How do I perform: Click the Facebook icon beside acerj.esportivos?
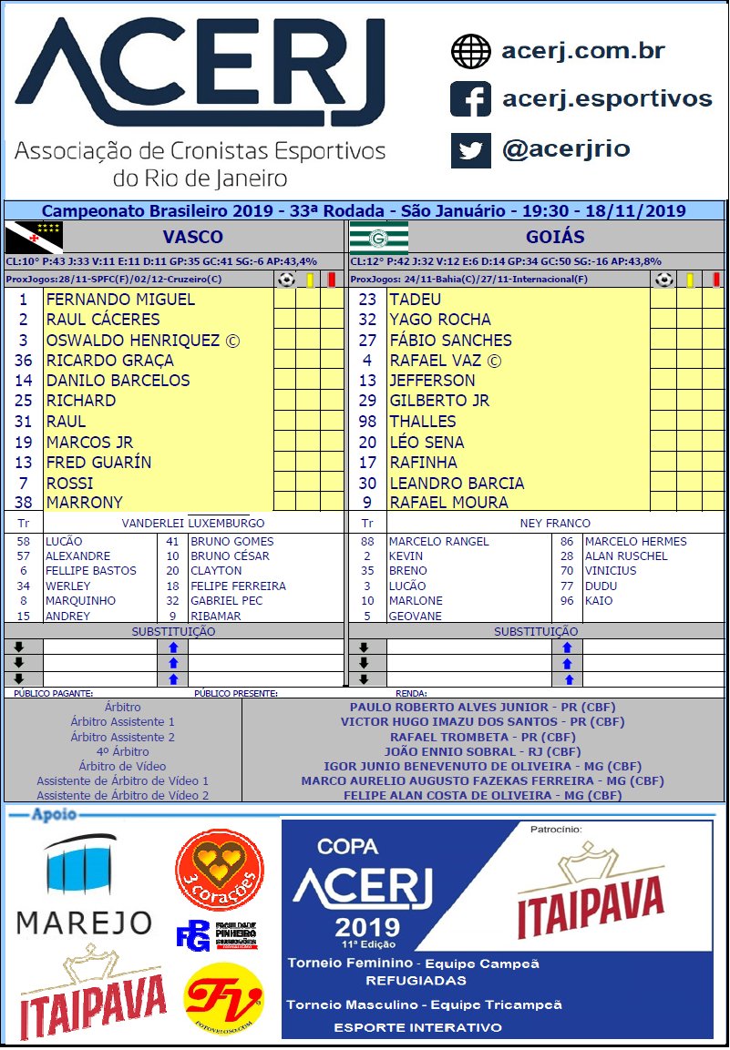(470, 99)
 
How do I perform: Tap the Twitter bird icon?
(470, 149)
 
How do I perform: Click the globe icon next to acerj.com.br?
(470, 51)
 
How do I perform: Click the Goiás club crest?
(378, 237)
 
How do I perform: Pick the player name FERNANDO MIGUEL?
(120, 300)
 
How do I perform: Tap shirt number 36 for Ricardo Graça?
(23, 361)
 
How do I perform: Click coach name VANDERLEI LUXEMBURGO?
(193, 524)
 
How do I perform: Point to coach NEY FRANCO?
(554, 524)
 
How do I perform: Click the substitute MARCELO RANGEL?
(438, 542)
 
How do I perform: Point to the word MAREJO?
(85, 923)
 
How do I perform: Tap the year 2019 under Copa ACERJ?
(366, 928)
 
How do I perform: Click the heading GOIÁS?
(554, 237)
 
